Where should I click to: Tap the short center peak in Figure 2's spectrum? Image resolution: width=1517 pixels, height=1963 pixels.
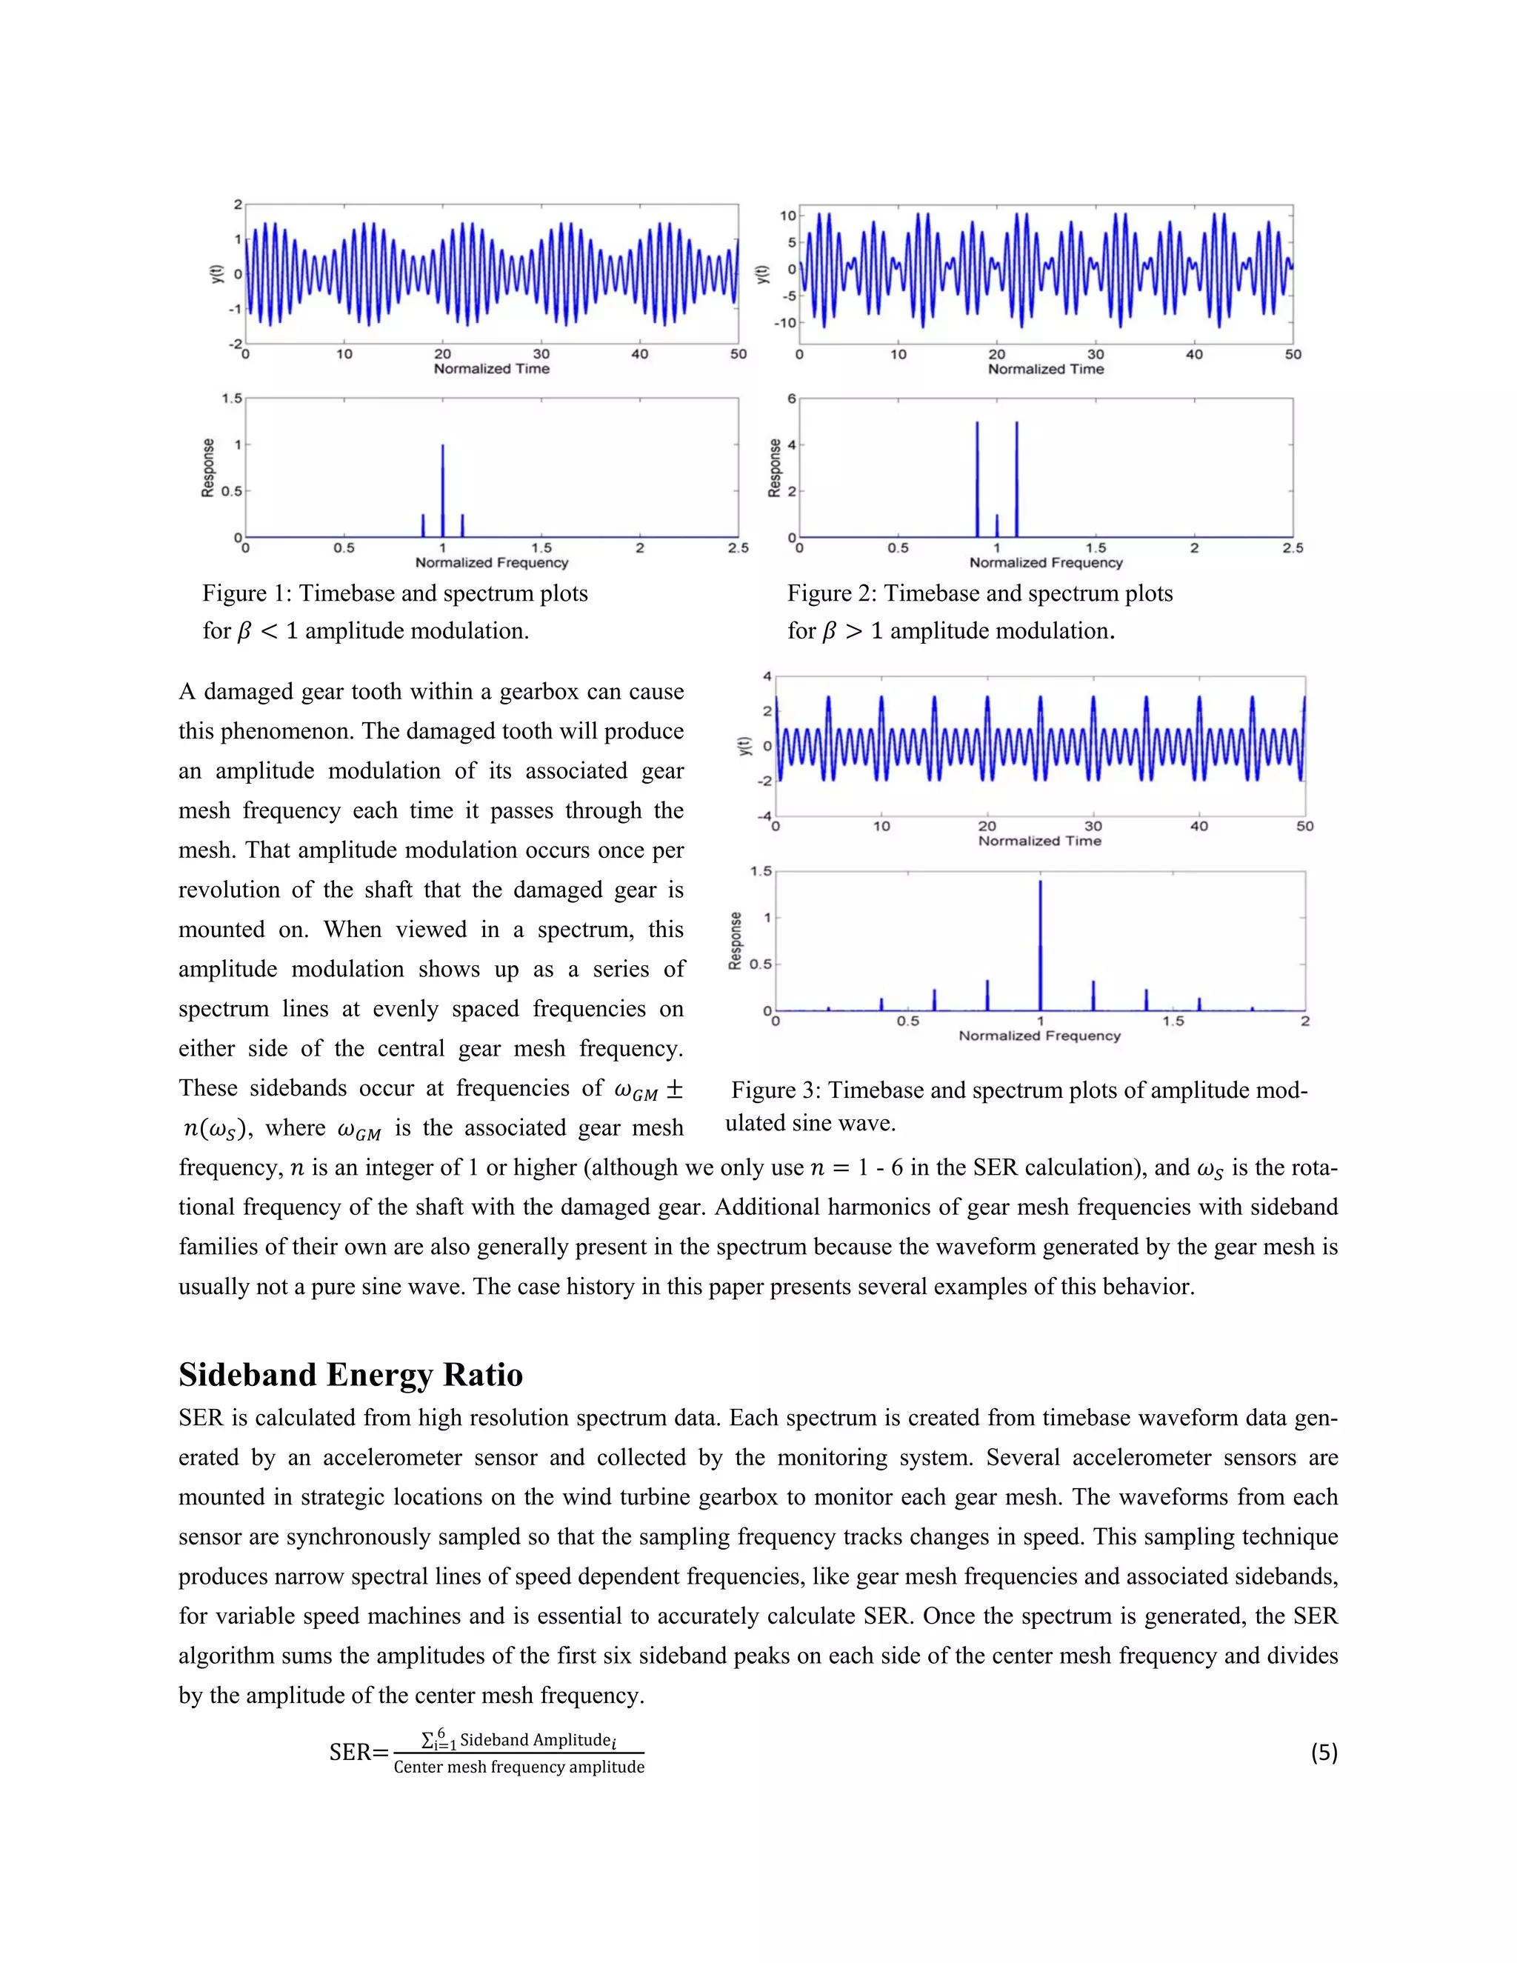coord(997,526)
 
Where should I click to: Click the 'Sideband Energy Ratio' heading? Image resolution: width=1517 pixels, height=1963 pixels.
coord(350,1375)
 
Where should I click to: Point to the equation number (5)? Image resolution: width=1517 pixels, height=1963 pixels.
coord(1324,1752)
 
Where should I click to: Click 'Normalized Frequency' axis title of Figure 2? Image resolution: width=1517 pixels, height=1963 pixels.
coord(1046,563)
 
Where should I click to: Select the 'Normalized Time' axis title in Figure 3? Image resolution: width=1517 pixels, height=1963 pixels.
coord(1040,841)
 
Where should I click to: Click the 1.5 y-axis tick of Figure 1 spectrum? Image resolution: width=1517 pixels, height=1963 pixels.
coord(232,399)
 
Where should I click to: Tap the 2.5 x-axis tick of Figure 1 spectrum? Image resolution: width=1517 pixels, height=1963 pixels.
coord(738,548)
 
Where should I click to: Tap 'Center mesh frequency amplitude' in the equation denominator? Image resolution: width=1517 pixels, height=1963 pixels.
coord(519,1767)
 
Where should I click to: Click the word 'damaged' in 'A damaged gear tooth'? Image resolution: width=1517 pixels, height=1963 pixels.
coord(262,691)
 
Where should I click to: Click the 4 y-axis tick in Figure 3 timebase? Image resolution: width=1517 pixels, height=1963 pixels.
coord(767,676)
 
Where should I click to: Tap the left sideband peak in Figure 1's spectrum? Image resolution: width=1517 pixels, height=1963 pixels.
coord(423,526)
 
